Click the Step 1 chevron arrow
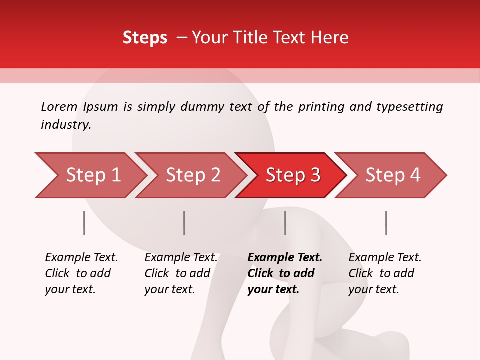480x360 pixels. (93, 175)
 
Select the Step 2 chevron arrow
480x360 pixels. (193, 175)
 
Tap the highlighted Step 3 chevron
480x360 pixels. (293, 175)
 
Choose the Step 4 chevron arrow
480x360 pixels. (393, 175)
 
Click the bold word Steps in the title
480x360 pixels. (145, 38)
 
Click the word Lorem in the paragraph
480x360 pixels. (59, 106)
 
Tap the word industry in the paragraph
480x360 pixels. (65, 125)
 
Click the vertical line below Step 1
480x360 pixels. (84, 223)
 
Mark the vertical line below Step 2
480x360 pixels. (184, 223)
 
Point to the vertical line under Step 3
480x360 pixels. (285, 223)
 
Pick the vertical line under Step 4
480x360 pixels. (386, 223)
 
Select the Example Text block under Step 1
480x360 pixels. (81, 273)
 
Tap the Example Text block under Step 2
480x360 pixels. (180, 273)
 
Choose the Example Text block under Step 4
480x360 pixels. (384, 273)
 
